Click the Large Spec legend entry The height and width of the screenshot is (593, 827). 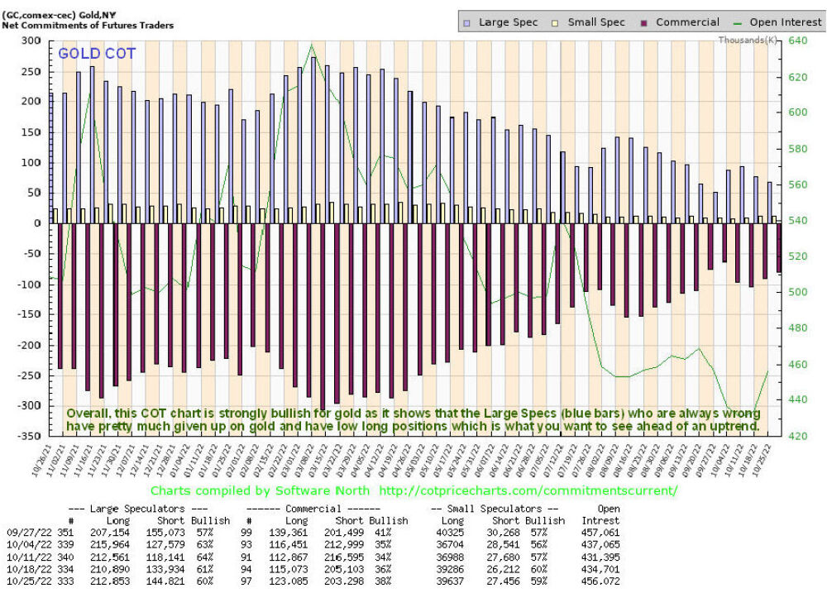[x=504, y=22]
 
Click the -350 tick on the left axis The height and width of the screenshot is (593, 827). [x=28, y=436]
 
